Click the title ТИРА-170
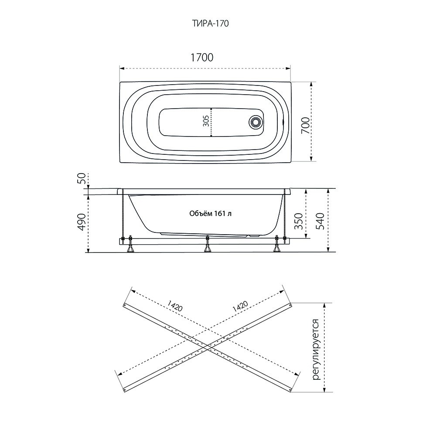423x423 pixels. click(210, 24)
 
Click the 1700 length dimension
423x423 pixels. click(202, 58)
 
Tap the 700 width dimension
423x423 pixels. click(305, 126)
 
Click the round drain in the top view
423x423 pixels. click(255, 122)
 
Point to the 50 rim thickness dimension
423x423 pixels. click(82, 178)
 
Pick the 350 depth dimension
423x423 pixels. click(298, 221)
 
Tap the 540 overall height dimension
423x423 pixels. click(320, 221)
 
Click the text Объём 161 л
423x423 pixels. click(211, 214)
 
